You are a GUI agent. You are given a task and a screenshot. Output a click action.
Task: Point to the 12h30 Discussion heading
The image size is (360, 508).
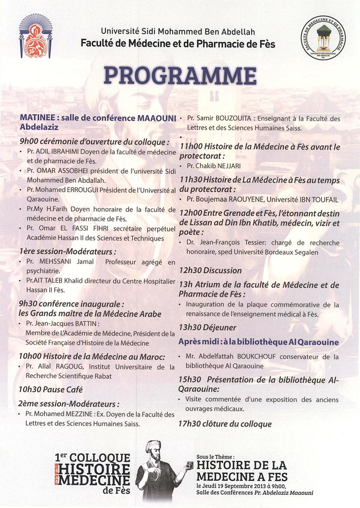(x=210, y=271)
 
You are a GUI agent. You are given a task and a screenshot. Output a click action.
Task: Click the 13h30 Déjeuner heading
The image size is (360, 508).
(x=207, y=328)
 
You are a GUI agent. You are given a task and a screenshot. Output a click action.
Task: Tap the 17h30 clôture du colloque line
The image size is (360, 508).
(x=225, y=424)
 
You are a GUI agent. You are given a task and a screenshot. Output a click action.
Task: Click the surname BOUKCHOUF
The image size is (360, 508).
(x=255, y=357)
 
